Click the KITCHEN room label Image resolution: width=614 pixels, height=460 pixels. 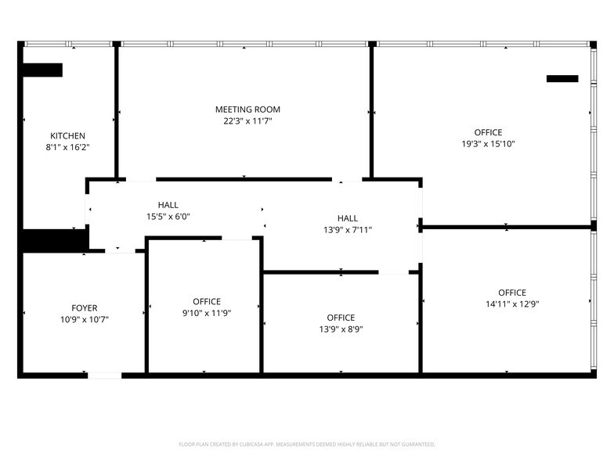tap(67, 135)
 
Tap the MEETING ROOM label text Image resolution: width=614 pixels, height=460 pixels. tap(247, 110)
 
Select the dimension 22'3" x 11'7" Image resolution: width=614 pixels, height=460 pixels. tap(247, 121)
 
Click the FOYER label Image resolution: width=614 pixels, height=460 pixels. tap(84, 308)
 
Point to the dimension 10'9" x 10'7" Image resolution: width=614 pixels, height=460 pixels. tap(84, 319)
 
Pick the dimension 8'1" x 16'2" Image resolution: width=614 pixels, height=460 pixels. tap(67, 146)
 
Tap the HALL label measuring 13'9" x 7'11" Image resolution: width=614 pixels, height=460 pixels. tap(347, 218)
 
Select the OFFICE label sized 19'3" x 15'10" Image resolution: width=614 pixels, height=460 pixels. tap(488, 132)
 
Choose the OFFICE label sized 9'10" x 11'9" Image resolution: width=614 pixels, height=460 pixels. tap(207, 301)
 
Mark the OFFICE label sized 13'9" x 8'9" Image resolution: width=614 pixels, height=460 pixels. tap(341, 318)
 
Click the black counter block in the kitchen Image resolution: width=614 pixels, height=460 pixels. tap(42, 70)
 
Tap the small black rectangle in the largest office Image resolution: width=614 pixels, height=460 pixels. tap(562, 78)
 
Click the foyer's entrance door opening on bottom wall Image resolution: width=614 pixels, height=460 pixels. tap(104, 376)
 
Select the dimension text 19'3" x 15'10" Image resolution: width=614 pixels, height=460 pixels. tap(488, 144)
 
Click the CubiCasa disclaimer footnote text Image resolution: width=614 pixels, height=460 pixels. tap(307, 444)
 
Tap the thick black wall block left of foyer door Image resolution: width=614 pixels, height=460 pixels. tap(52, 241)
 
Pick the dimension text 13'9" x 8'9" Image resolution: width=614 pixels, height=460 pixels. tap(341, 329)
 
